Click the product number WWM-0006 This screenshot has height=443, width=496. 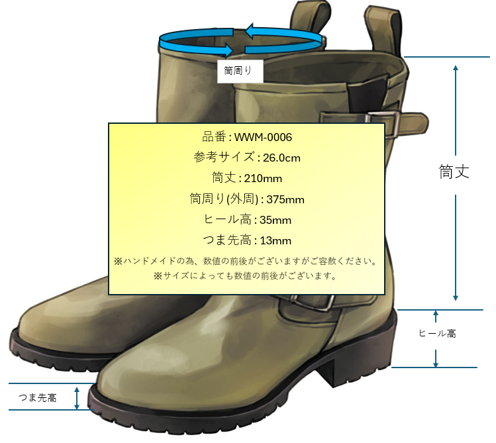[263, 138]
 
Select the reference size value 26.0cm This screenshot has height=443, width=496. [281, 158]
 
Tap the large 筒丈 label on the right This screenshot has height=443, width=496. [455, 172]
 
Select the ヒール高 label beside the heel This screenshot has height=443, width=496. [438, 334]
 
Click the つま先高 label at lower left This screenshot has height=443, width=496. [38, 398]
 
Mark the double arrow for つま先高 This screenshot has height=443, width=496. [77, 397]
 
